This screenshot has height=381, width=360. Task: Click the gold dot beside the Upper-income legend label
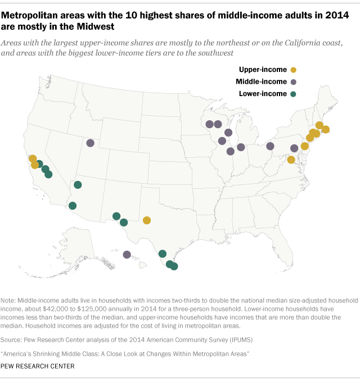click(x=292, y=69)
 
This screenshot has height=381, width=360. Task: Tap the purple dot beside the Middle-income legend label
click(x=293, y=81)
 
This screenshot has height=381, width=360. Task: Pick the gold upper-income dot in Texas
click(x=147, y=220)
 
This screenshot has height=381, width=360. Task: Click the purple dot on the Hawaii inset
click(x=127, y=255)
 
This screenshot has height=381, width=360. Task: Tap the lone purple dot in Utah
click(x=90, y=143)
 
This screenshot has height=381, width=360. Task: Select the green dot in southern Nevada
click(x=78, y=185)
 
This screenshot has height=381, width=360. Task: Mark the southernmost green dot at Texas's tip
click(x=174, y=267)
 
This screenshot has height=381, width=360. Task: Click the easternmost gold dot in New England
click(x=325, y=130)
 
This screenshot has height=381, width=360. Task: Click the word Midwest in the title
click(x=97, y=26)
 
